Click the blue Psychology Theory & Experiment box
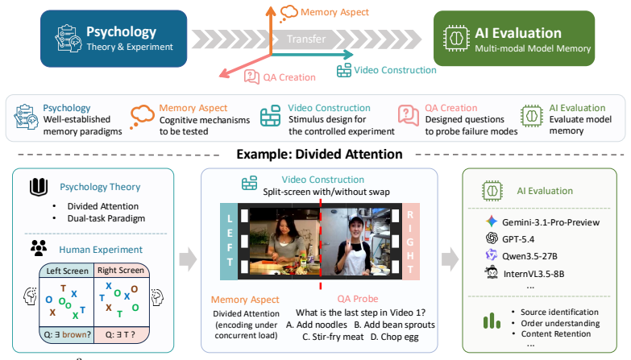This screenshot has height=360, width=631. click(114, 39)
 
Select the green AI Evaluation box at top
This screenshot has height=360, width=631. click(514, 38)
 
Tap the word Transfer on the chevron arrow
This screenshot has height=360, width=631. click(306, 39)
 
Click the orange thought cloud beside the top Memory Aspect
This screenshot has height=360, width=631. click(289, 12)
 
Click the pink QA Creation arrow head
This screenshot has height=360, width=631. click(225, 72)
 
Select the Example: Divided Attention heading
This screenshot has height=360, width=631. click(319, 154)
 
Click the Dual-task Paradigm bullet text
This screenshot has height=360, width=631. click(106, 218)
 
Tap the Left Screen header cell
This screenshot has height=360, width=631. click(67, 271)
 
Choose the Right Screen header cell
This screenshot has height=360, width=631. click(121, 271)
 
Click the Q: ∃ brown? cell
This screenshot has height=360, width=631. click(67, 335)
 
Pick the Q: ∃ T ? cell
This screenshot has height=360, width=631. click(121, 335)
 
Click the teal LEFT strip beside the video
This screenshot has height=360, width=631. click(229, 242)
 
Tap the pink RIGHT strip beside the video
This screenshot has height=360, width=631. click(411, 242)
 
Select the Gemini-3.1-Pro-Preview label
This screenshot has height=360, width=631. click(550, 222)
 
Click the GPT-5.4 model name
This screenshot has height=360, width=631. click(518, 239)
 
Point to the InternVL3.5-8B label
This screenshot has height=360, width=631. click(533, 274)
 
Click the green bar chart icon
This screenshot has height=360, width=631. click(492, 321)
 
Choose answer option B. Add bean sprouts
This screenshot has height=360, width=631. click(394, 325)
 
